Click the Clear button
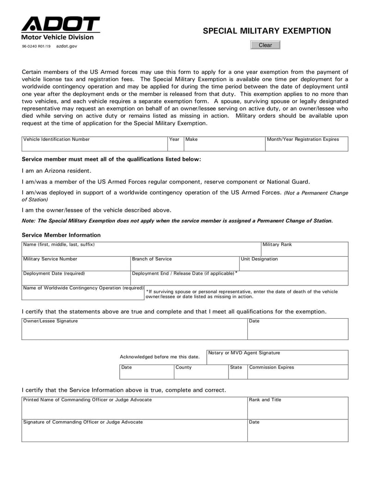tap(265, 45)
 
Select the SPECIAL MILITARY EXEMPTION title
tap(267, 31)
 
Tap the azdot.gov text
tap(67, 46)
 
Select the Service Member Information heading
tap(61, 235)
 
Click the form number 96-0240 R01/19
tap(37, 46)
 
